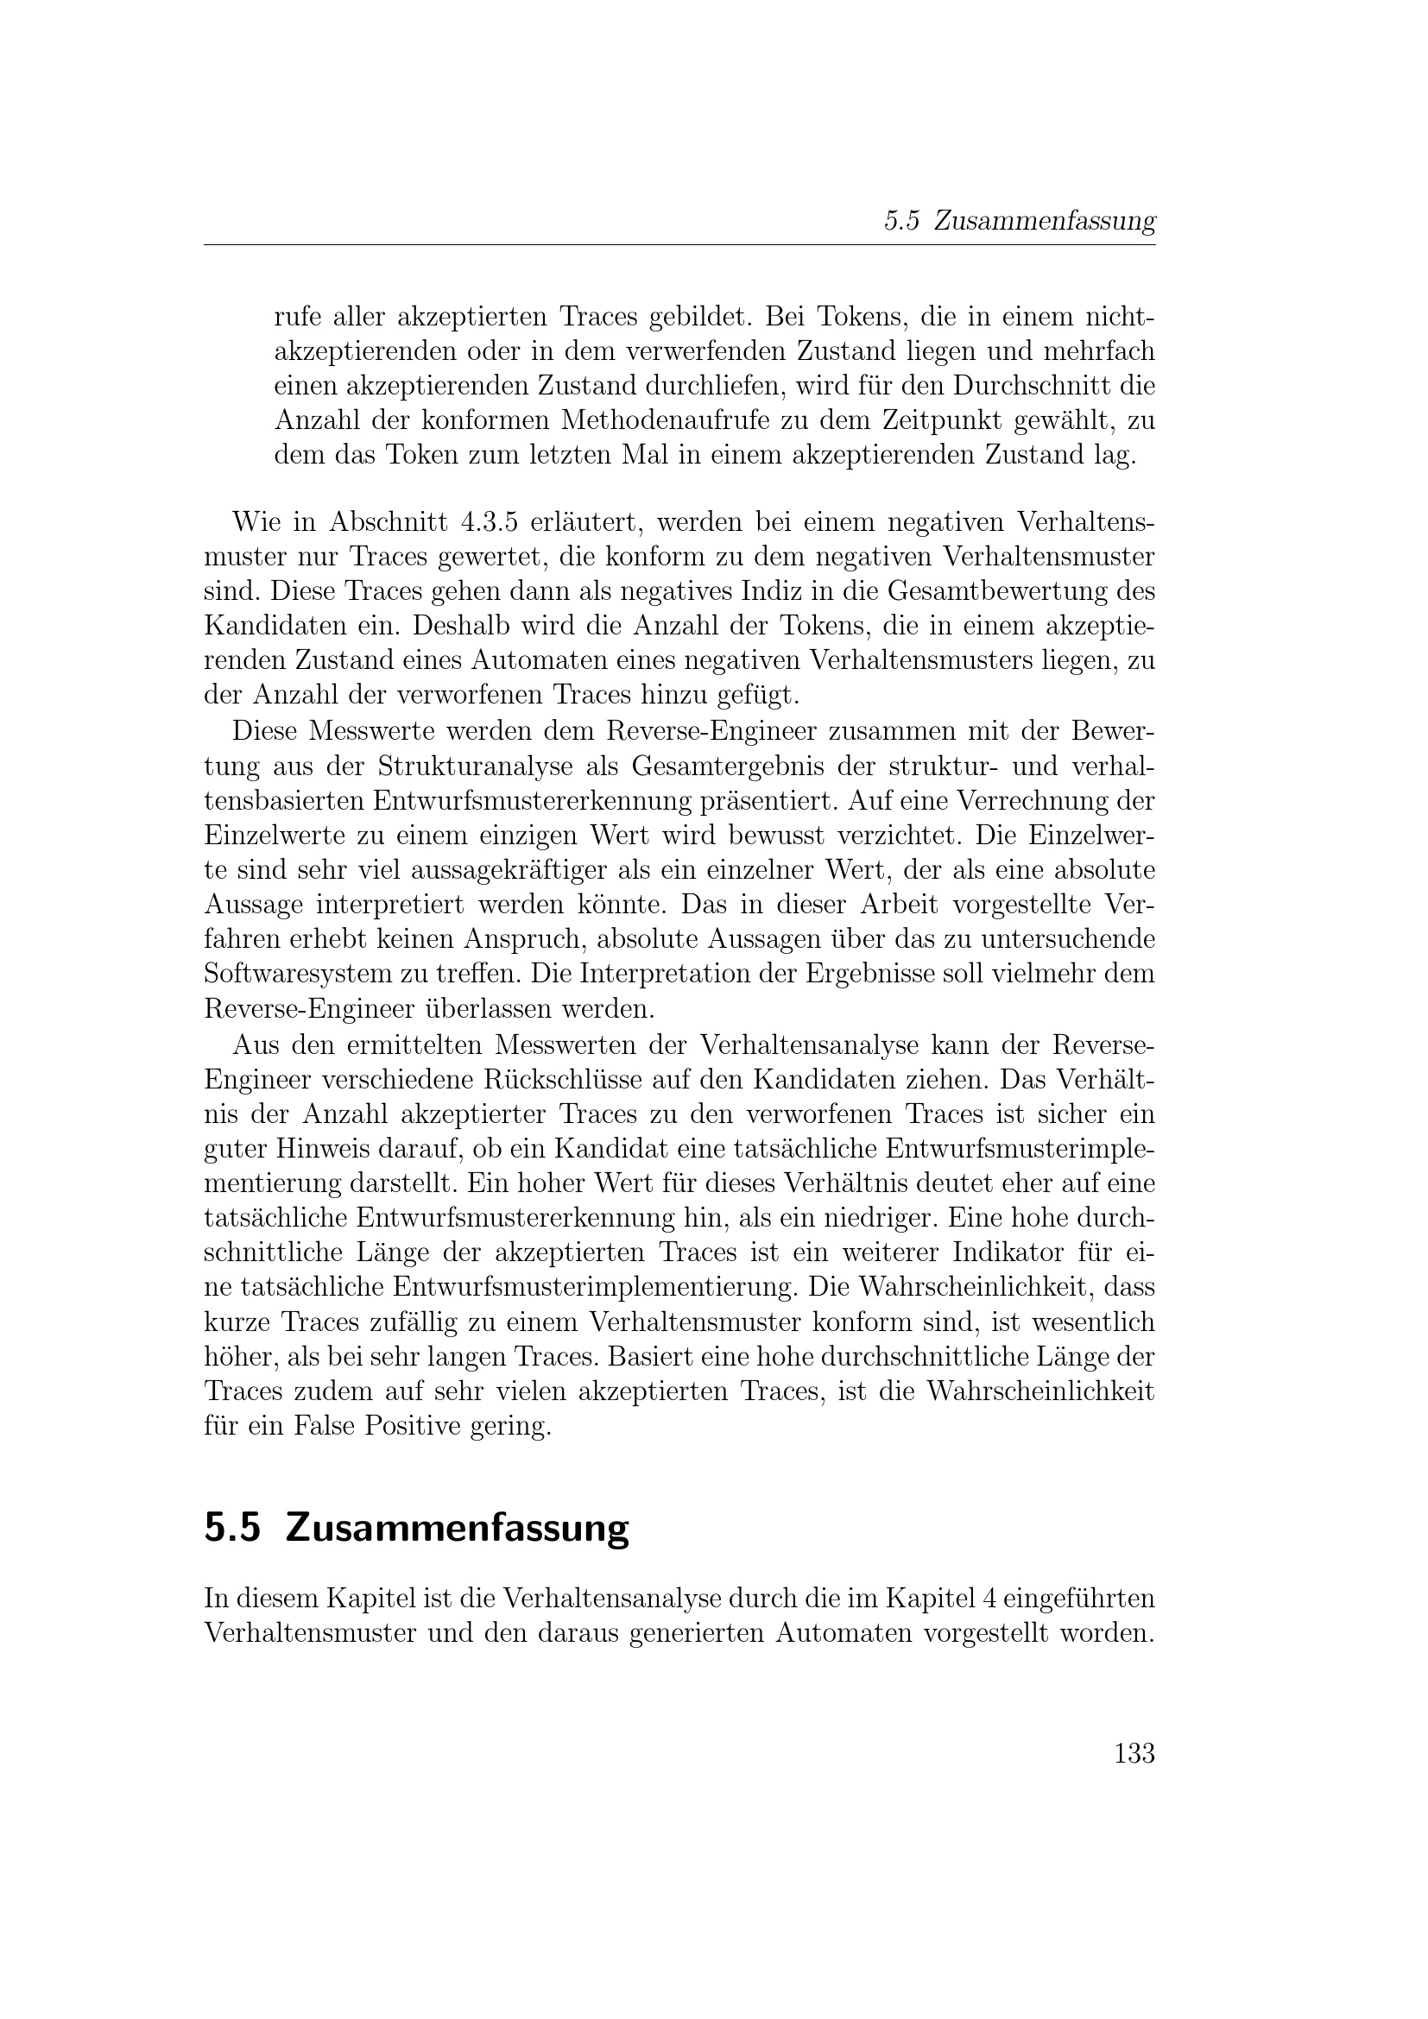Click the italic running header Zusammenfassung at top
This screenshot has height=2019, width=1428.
[1044, 222]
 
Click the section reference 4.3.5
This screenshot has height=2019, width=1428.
[488, 522]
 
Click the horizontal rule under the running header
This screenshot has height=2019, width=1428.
[679, 245]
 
